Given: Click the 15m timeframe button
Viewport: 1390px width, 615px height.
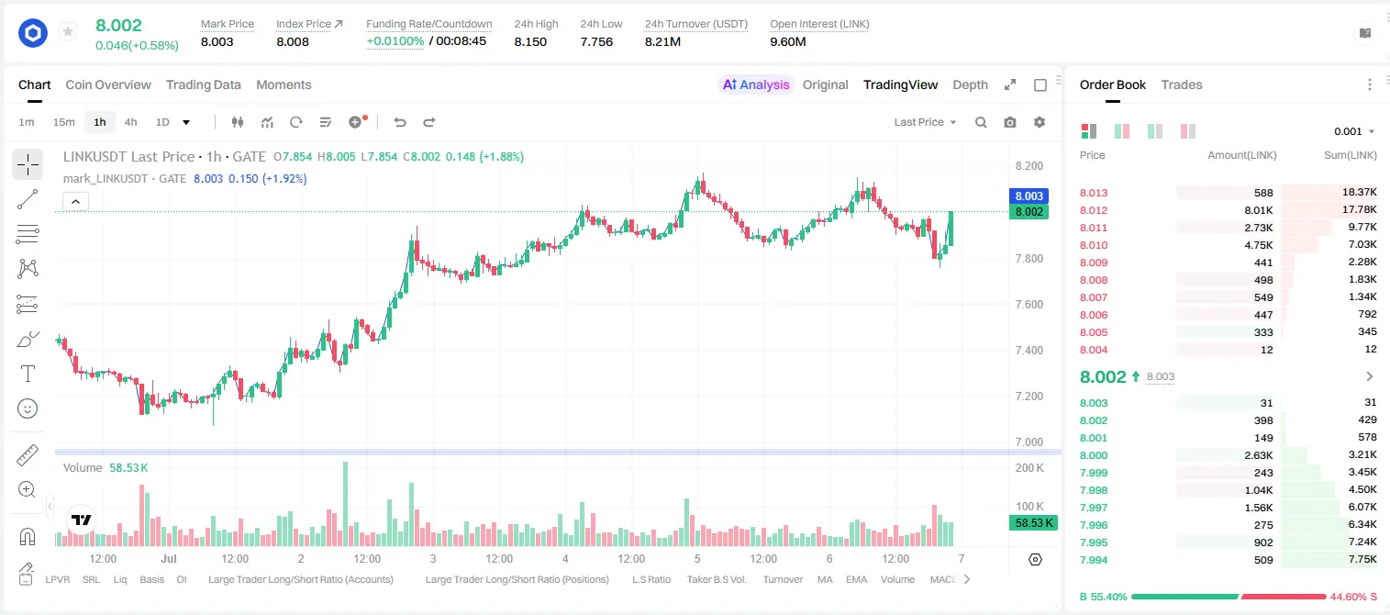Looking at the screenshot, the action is (64, 122).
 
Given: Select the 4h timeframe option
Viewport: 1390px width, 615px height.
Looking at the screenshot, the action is (130, 122).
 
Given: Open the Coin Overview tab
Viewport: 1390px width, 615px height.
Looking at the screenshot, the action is (108, 84).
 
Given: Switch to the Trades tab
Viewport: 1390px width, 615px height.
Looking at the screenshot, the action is (1182, 84).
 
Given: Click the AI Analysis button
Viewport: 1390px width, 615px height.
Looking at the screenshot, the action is (756, 84).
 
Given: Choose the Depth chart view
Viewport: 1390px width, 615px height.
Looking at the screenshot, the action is (970, 84).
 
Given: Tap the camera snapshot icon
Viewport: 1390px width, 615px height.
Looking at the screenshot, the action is (1010, 122).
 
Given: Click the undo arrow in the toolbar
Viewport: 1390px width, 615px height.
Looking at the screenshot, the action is (400, 122).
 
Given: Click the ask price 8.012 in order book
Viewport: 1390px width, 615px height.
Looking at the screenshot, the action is (1094, 210).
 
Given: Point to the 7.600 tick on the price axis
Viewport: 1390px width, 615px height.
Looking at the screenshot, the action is (1029, 304).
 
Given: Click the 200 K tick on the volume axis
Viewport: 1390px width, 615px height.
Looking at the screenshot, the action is (1029, 467).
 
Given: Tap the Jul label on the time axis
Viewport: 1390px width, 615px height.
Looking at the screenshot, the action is (169, 558).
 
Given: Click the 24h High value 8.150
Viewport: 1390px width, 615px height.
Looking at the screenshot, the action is (530, 41).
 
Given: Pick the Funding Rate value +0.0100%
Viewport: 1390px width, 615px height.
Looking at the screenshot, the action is (395, 41).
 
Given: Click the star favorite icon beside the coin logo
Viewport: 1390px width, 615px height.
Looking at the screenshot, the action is (68, 31).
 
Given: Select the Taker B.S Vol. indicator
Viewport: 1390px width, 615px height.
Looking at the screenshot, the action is (717, 579).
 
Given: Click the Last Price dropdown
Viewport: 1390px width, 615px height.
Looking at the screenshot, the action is (925, 122).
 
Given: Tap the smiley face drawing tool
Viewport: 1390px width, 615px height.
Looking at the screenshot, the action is (28, 408).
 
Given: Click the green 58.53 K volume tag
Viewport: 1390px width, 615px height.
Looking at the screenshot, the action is (1033, 523).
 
